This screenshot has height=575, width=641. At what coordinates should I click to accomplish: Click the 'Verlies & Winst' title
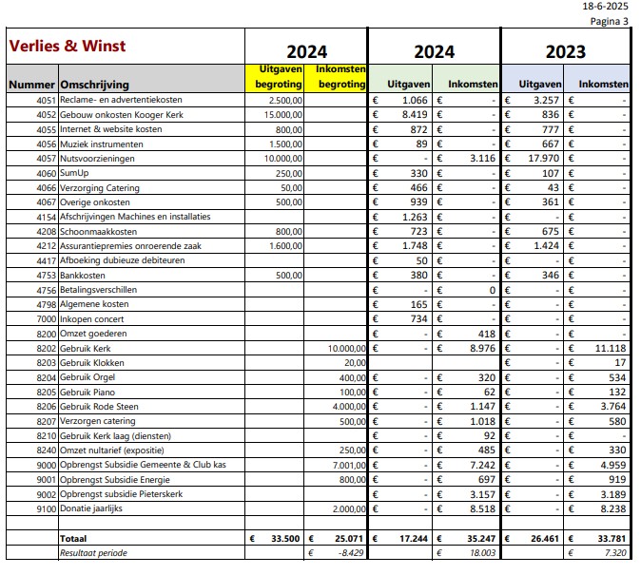(x=67, y=46)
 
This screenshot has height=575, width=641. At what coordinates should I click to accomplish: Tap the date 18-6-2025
(x=605, y=6)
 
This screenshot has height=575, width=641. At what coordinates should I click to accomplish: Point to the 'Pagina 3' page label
(x=609, y=21)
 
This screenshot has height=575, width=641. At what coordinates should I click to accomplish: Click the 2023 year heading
(x=565, y=52)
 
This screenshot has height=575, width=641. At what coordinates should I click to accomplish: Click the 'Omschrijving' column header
(x=94, y=85)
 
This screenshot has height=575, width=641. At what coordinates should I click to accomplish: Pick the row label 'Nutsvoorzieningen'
(x=97, y=159)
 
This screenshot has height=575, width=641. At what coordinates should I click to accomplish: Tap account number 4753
(x=46, y=276)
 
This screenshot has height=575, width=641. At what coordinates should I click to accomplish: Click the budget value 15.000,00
(x=283, y=115)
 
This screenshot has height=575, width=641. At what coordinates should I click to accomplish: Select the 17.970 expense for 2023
(x=543, y=158)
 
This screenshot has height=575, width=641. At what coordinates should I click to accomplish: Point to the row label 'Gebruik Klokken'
(x=92, y=363)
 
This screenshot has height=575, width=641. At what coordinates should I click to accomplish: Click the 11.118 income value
(x=611, y=348)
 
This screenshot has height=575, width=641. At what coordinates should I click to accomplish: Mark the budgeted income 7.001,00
(x=349, y=465)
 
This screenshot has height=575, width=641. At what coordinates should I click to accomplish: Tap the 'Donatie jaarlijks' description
(x=91, y=508)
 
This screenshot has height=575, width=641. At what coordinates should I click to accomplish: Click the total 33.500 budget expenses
(x=285, y=539)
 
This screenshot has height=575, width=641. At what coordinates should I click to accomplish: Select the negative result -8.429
(x=350, y=553)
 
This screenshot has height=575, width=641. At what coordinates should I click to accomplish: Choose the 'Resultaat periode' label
(x=93, y=553)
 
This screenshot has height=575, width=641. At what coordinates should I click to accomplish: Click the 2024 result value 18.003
(x=482, y=553)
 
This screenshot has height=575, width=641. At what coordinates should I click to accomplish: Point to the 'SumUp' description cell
(x=74, y=173)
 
